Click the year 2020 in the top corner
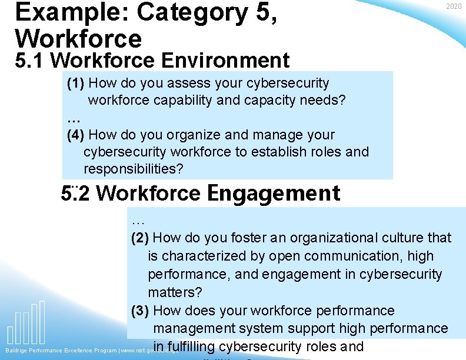pyautogui.click(x=454, y=6)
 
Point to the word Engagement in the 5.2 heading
pyautogui.click(x=274, y=193)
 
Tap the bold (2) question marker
pyautogui.click(x=140, y=238)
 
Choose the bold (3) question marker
pyautogui.click(x=140, y=311)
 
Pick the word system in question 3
pyautogui.click(x=279, y=328)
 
